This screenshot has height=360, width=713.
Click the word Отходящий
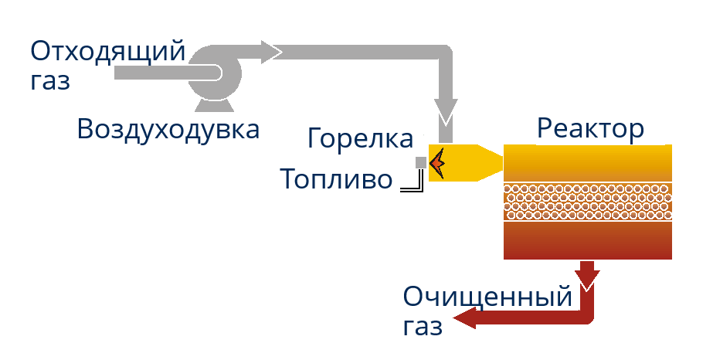[x=108, y=53]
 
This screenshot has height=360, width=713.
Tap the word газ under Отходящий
[x=50, y=80]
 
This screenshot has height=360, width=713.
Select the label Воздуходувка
[x=168, y=129]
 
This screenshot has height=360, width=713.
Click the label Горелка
[x=360, y=139]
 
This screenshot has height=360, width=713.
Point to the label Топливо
[x=336, y=179]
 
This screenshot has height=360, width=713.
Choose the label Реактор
[x=590, y=128]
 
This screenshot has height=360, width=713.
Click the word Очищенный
[x=488, y=297]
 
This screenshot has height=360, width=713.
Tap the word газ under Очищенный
[x=423, y=326]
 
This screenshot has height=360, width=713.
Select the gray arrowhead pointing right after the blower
[x=271, y=52]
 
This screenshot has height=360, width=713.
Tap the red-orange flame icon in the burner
[x=437, y=162]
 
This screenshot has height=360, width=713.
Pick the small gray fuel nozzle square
[x=420, y=162]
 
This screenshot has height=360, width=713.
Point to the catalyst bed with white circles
[x=587, y=202]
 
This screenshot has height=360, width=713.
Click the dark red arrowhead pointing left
[x=464, y=318]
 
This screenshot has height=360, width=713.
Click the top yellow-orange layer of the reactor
[x=587, y=163]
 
